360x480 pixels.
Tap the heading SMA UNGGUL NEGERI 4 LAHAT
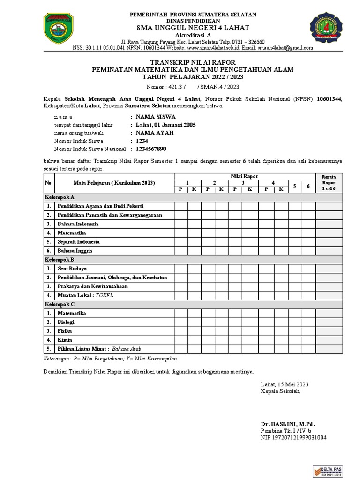193,28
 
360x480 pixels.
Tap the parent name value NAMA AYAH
154,133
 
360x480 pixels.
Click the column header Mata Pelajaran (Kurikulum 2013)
114,183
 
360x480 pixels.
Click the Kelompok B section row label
60,259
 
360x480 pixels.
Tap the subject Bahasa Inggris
75,251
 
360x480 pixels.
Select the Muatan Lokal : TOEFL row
85,295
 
